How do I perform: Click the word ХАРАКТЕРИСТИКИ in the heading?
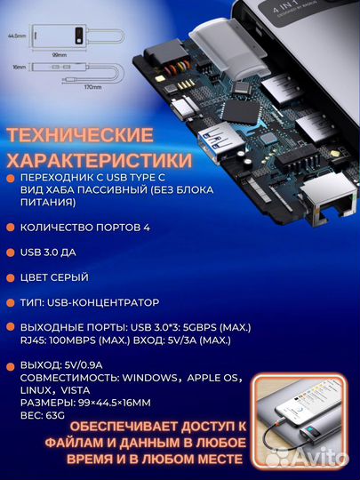pos(99,162)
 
